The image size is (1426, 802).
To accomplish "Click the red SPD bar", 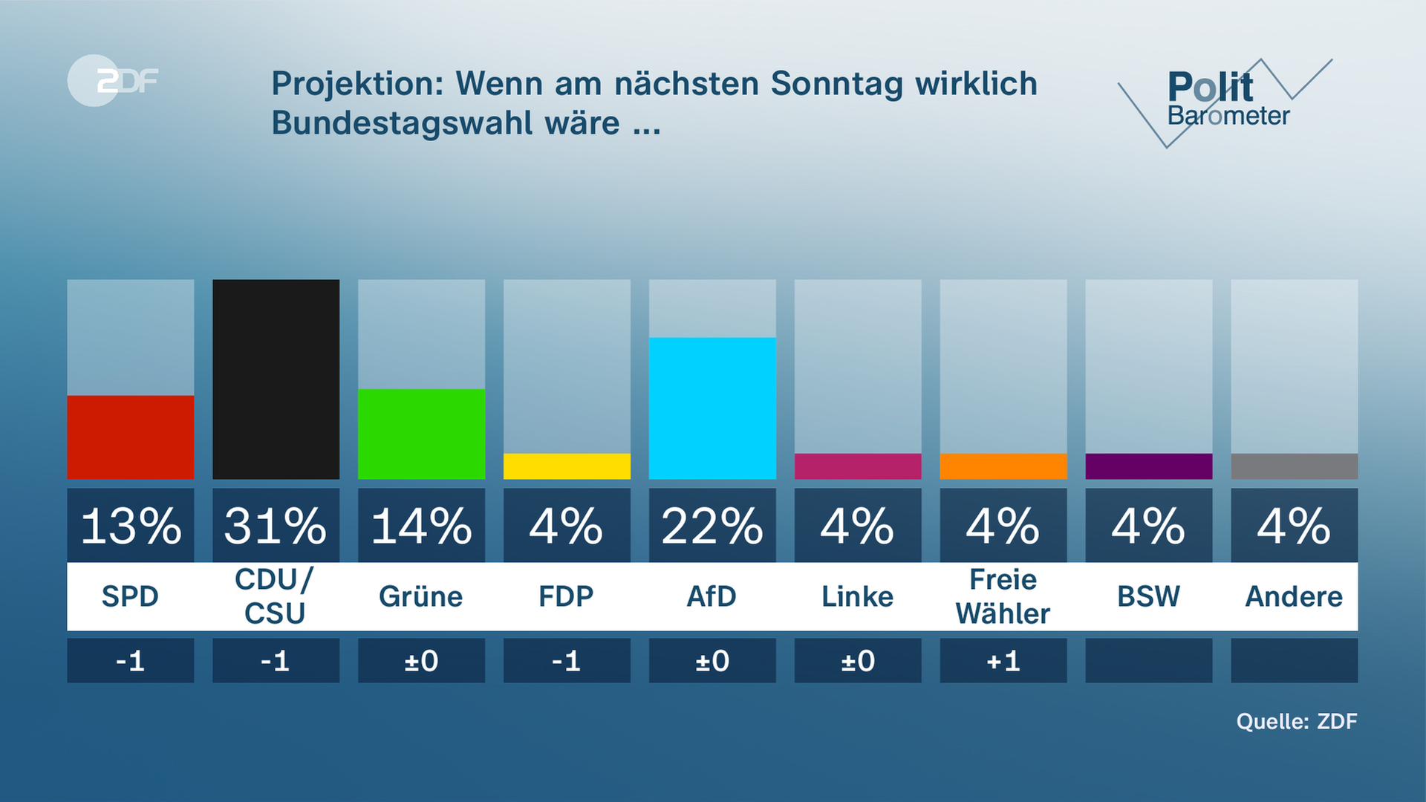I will point(130,437).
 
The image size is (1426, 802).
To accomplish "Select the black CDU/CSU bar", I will point(276,379).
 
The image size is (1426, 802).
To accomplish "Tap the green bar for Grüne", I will point(421,434).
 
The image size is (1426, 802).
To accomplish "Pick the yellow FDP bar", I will point(567,466).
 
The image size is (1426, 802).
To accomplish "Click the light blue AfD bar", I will point(712,408).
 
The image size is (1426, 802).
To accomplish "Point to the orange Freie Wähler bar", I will point(1003,466).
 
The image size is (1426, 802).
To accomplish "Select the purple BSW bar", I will point(1148,466).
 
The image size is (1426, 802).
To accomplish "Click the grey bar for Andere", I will point(1294,466).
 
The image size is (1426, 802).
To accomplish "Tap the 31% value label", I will point(276,526).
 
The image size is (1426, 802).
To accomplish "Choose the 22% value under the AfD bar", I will point(712,526).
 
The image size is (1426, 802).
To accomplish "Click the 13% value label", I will point(130,526).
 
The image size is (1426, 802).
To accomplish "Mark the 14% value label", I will point(421,526).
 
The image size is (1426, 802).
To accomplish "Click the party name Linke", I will point(857,596).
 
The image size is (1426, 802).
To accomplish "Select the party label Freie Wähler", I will point(1003,596).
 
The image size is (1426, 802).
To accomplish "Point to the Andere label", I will point(1294,596).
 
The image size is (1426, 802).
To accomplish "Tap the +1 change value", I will point(1003,660).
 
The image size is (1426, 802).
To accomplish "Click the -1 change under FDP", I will point(567,660).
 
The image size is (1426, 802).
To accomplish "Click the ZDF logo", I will point(114,80).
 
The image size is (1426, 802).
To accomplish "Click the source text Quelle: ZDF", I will point(1296,721).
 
